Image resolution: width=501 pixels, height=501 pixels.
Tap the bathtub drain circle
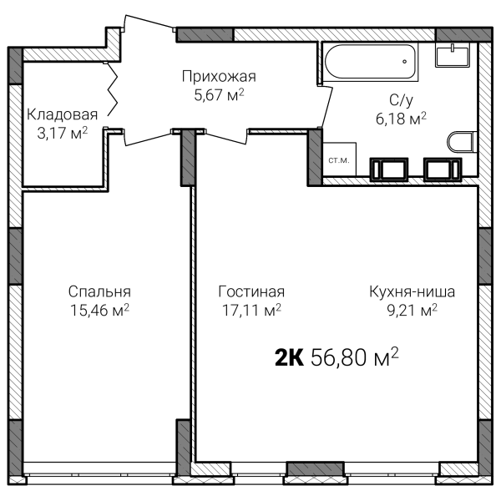coord(404,61)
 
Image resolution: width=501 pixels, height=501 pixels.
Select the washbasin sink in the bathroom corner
coord(453,56)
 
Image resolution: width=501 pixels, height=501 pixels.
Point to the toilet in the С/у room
coord(462,142)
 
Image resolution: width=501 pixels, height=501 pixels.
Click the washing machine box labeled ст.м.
coord(339,159)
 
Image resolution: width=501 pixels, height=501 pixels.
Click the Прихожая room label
coord(219,77)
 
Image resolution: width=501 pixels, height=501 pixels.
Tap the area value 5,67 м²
coord(219,95)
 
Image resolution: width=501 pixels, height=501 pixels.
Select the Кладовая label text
coord(62,114)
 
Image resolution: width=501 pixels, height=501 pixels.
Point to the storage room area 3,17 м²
coord(62,133)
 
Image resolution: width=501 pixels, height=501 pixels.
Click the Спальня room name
coord(99,292)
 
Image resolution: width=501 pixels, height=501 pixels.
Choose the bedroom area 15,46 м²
coord(99,310)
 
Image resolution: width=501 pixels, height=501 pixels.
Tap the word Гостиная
coord(251,291)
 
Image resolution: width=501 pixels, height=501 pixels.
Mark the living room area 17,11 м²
coord(251,310)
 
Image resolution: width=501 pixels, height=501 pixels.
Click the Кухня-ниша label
coord(412,291)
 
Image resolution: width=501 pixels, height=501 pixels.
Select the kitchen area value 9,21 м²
coord(412,310)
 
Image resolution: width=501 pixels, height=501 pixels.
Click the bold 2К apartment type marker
coord(289,357)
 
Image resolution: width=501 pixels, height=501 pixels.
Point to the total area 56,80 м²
coord(354,357)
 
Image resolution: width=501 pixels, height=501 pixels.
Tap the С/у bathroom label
coord(401,100)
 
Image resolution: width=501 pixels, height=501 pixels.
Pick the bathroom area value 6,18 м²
coord(401,119)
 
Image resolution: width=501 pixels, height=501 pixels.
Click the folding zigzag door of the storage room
coord(113,89)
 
